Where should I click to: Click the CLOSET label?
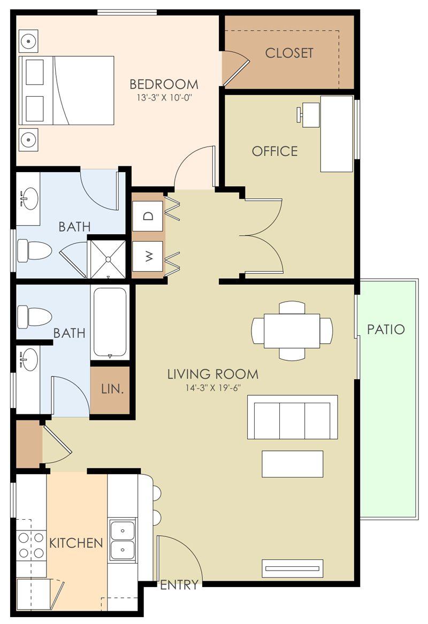click(289, 53)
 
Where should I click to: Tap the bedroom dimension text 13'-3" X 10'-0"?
click(164, 98)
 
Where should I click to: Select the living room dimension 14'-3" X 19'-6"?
click(212, 388)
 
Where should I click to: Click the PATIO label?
click(386, 329)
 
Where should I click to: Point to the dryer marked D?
click(148, 216)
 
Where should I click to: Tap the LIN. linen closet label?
click(112, 389)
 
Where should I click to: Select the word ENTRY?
click(179, 585)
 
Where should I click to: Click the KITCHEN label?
click(76, 543)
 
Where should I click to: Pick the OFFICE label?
click(274, 151)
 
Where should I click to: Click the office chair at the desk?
click(309, 114)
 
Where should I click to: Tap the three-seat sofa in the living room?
click(292, 418)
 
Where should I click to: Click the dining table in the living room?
click(292, 330)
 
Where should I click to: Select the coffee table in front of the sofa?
click(292, 464)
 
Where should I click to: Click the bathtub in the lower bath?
click(110, 322)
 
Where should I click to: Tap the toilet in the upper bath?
click(33, 250)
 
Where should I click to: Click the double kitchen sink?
click(123, 539)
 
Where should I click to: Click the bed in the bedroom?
click(67, 90)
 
